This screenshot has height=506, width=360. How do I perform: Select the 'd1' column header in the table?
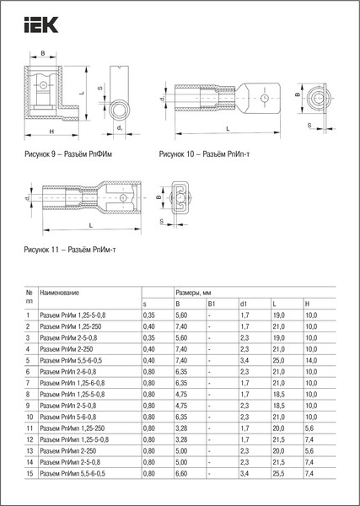click(x=244, y=302)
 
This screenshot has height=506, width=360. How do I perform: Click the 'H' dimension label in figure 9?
click(x=52, y=132)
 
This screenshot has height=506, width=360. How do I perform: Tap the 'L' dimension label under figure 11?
click(x=89, y=227)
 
